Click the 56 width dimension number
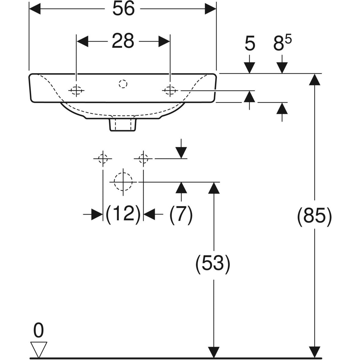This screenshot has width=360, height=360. pyautogui.click(x=124, y=9)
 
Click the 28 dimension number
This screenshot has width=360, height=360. pyautogui.click(x=123, y=41)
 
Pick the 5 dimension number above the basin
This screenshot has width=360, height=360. pyautogui.click(x=250, y=44)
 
